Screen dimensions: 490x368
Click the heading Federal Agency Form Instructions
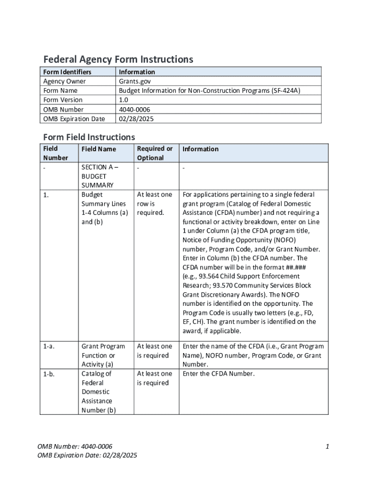point(118,59)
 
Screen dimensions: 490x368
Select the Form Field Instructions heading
point(89,137)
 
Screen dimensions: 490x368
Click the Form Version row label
point(63,100)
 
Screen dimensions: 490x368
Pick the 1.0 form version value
point(123,100)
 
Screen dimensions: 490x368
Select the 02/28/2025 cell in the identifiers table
point(136,119)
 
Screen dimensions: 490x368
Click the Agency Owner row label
point(65,81)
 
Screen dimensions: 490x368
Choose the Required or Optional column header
point(154,153)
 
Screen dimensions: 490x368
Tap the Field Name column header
point(98,149)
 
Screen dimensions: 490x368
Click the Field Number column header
point(55,153)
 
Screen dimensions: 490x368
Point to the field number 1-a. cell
point(48,346)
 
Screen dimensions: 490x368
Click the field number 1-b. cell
point(48,373)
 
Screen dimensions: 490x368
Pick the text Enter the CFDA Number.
point(218,373)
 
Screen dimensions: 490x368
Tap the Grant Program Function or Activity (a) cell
point(103,355)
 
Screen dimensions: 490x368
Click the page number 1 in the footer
point(327,446)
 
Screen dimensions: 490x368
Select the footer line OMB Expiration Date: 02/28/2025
point(87,456)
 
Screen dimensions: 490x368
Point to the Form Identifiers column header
point(67,72)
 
